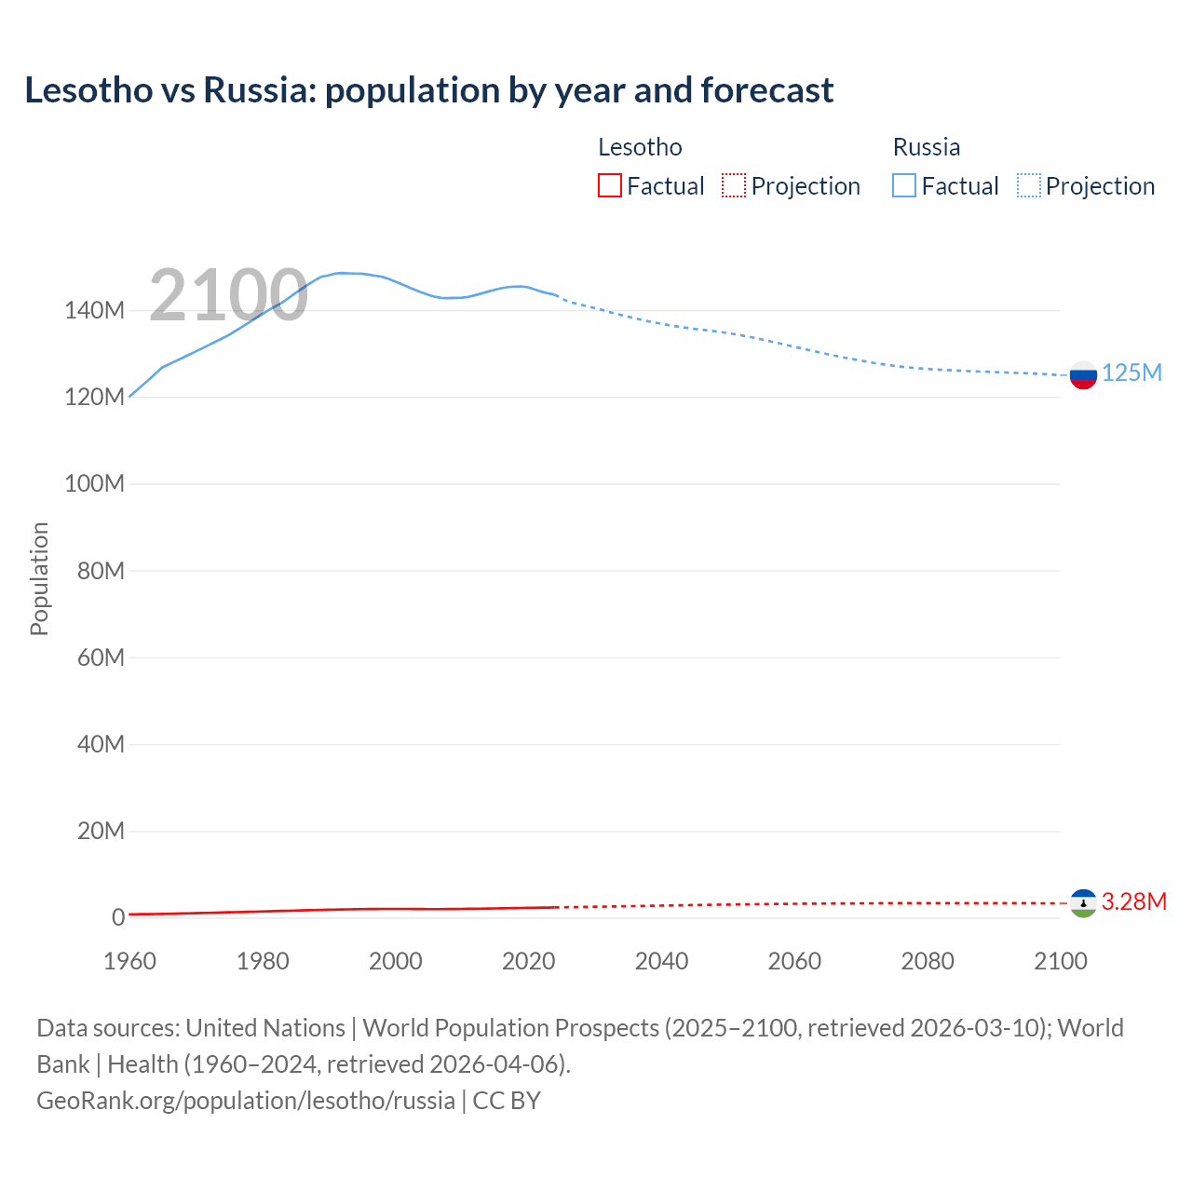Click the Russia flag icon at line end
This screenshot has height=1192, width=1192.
1083,375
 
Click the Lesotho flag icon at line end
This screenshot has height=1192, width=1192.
1083,903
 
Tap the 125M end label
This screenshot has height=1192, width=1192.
1131,373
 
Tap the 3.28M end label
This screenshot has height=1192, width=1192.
1133,901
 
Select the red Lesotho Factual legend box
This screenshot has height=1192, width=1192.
610,185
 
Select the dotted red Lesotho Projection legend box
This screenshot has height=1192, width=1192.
734,185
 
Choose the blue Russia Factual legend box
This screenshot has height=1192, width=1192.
904,185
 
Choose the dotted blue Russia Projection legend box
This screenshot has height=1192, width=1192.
1029,185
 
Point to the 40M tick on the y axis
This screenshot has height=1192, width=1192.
100,744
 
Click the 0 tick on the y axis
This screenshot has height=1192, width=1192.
118,917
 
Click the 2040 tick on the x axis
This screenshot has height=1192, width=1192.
661,961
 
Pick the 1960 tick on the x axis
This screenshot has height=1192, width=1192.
129,961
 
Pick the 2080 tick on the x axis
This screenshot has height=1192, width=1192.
928,961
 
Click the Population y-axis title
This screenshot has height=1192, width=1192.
39,578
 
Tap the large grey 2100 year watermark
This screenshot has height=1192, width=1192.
228,295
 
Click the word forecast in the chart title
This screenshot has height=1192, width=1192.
767,90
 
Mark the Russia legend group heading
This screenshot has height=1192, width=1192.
926,147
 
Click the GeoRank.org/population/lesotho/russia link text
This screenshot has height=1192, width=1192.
246,1101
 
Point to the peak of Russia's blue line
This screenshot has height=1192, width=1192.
341,273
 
